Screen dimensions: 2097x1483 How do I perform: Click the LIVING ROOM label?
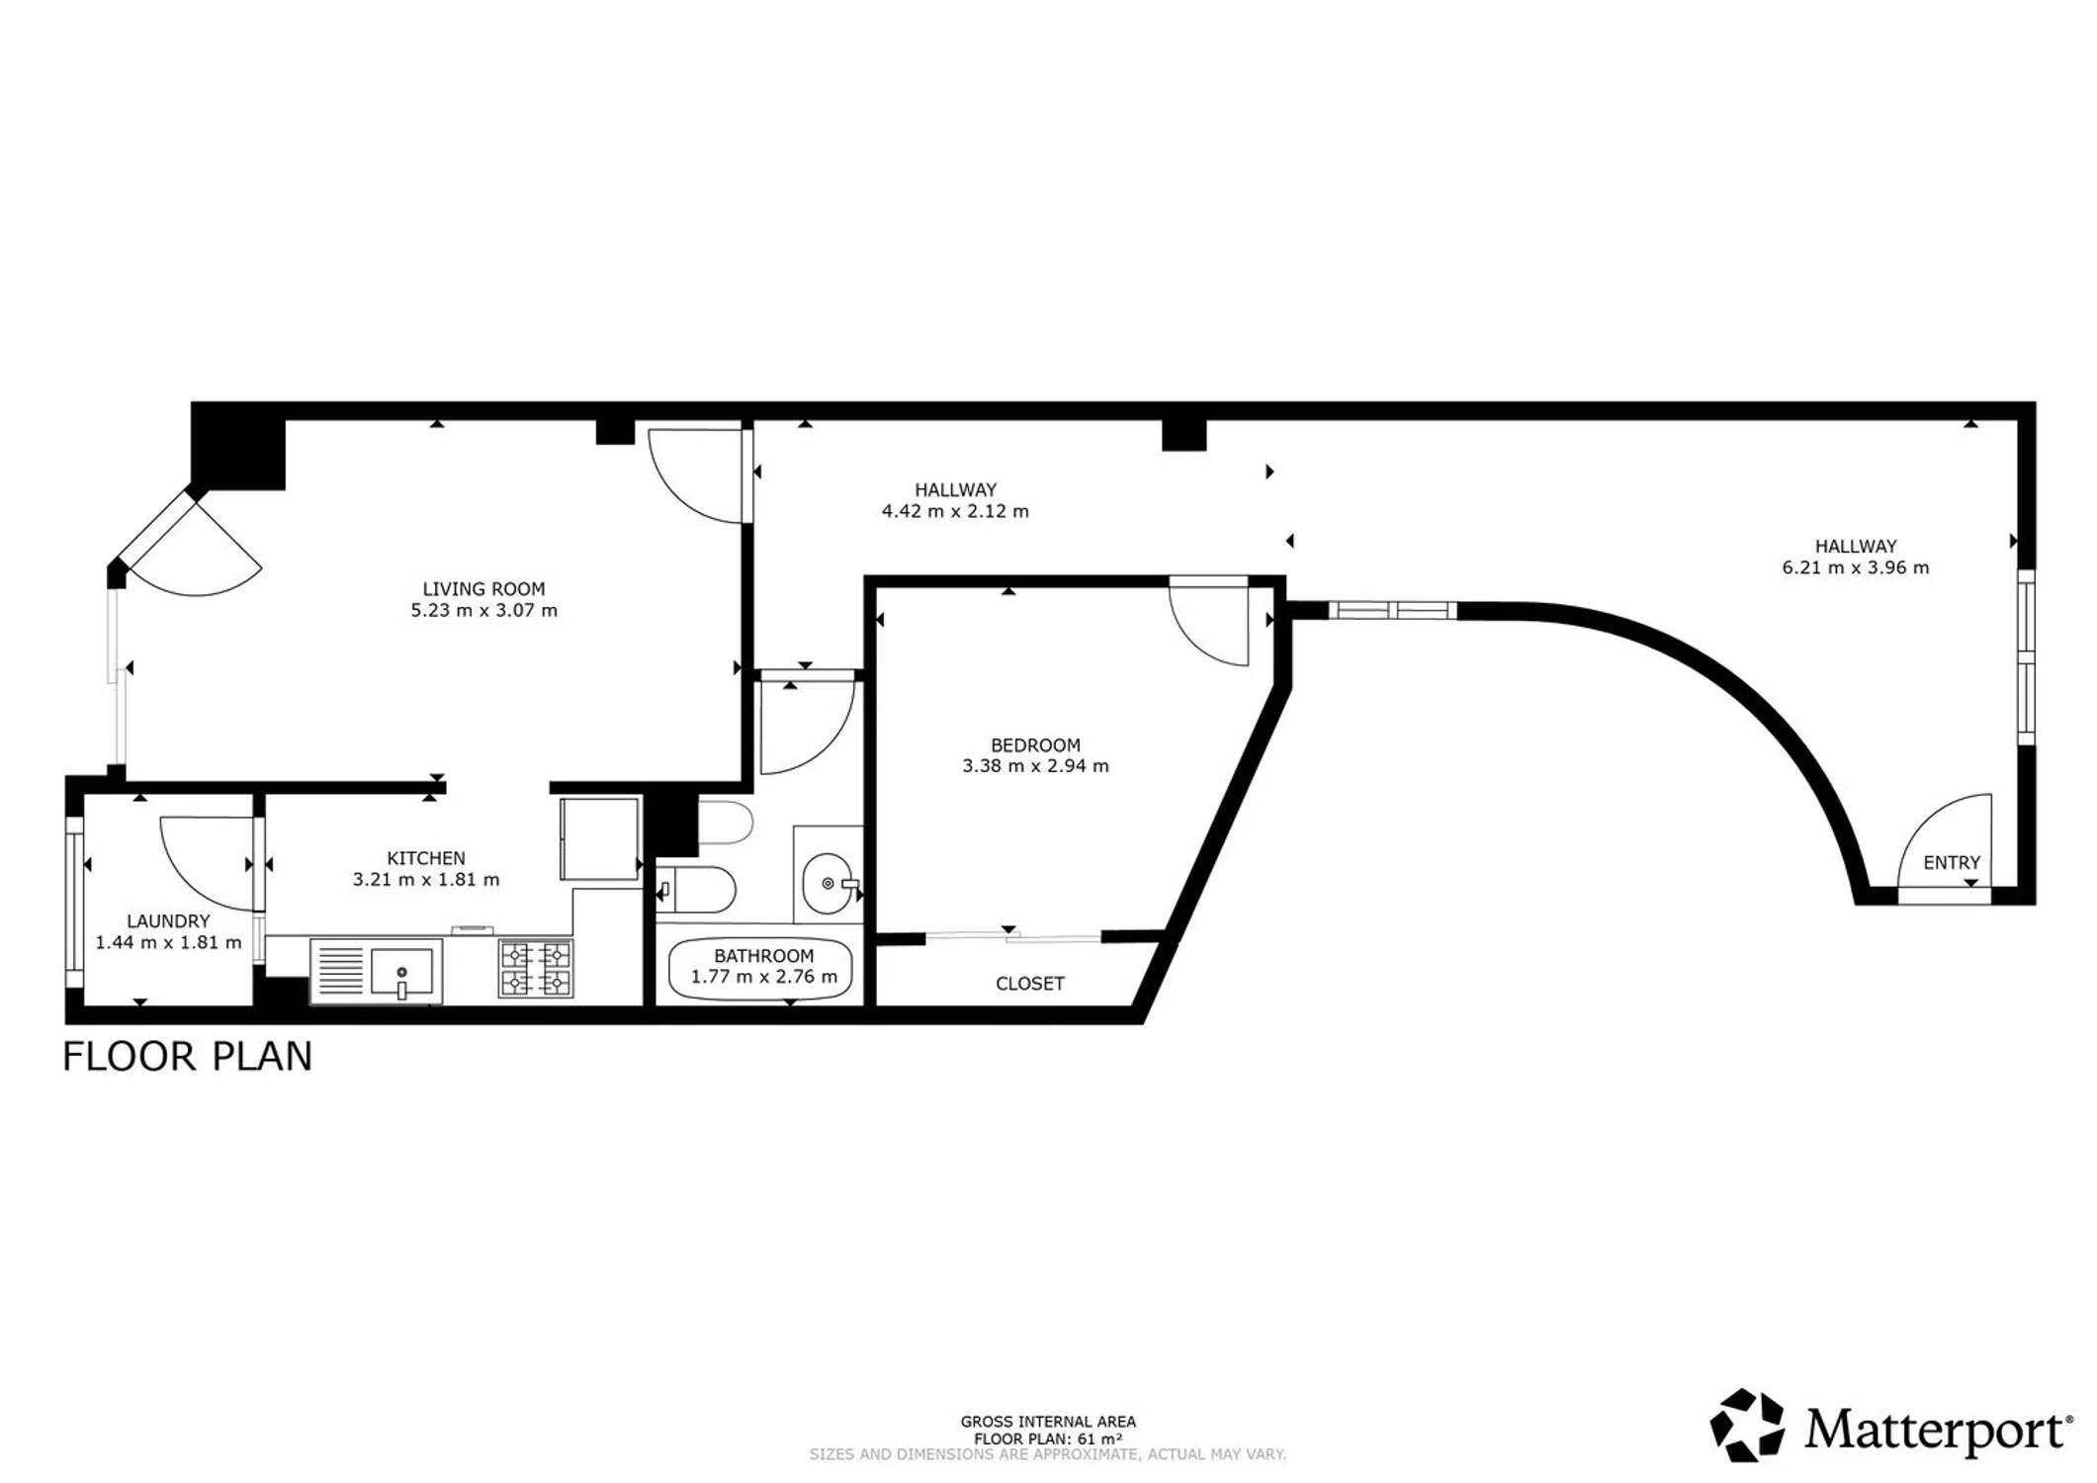(483, 589)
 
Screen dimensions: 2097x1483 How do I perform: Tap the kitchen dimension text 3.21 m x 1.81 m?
(426, 880)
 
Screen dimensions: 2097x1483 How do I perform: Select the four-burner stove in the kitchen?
(536, 968)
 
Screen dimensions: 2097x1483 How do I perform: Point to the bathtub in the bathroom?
(760, 969)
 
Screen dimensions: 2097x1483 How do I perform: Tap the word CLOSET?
(1030, 984)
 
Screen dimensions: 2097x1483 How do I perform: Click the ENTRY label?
(1952, 863)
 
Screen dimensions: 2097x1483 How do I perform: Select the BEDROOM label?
(1035, 745)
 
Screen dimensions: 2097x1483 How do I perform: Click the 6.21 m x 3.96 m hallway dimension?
(1856, 568)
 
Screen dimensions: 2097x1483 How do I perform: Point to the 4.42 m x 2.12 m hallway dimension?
(955, 512)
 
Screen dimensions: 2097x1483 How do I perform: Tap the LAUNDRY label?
(168, 921)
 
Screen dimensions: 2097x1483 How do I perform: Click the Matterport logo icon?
(1747, 1425)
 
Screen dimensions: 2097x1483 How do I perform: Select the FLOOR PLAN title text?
(188, 1057)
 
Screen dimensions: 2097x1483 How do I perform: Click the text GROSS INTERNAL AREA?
(1048, 1422)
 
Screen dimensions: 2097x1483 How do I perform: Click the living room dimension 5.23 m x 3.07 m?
(484, 611)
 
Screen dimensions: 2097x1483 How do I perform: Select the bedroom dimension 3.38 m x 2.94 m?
(1035, 766)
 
